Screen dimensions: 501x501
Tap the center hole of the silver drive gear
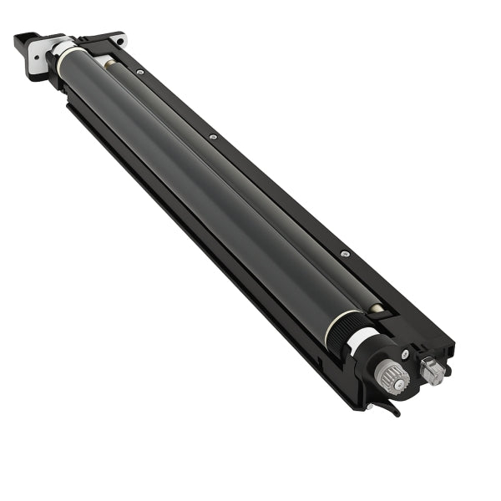[395, 381]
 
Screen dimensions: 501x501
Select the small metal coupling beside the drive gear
[432, 371]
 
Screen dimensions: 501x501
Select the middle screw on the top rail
[213, 137]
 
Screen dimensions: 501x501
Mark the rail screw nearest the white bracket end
[140, 73]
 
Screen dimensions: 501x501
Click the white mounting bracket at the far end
[39, 55]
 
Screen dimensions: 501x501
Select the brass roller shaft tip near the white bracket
[107, 62]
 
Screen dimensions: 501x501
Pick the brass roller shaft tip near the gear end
[377, 308]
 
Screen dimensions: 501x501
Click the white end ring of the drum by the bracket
[63, 51]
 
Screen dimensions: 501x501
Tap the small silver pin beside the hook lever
[368, 407]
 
